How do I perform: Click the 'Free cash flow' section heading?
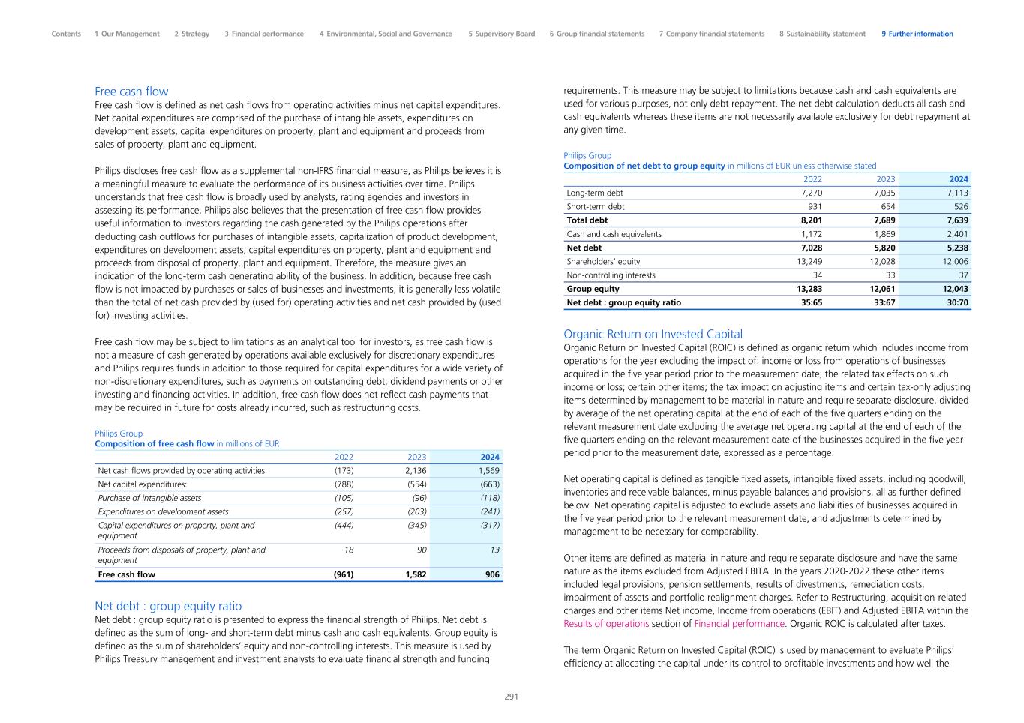pyautogui.click(x=131, y=91)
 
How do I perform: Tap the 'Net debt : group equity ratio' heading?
pyautogui.click(x=168, y=606)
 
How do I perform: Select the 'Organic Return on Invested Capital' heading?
pyautogui.click(x=653, y=334)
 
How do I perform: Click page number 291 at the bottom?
pyautogui.click(x=511, y=697)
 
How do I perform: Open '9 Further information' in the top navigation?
pyautogui.click(x=917, y=34)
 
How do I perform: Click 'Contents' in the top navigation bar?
pyautogui.click(x=66, y=34)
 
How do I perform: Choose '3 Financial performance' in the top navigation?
pyautogui.click(x=264, y=34)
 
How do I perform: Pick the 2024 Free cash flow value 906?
pyautogui.click(x=491, y=574)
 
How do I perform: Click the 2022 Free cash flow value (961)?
pyautogui.click(x=343, y=574)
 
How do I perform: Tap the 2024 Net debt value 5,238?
pyautogui.click(x=957, y=247)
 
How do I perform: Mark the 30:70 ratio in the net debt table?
pyautogui.click(x=957, y=303)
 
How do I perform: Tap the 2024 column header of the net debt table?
pyautogui.click(x=959, y=179)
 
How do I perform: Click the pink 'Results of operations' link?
pyautogui.click(x=606, y=624)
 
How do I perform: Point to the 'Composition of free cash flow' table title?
pyautogui.click(x=155, y=444)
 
